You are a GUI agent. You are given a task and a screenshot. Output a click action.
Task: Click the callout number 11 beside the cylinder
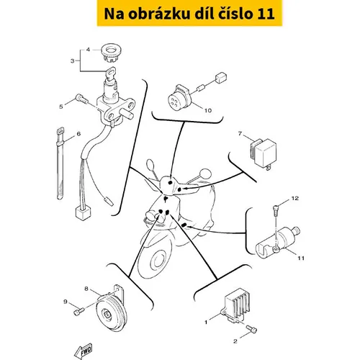[301, 258]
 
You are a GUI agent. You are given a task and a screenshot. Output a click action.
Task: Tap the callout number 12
[295, 198]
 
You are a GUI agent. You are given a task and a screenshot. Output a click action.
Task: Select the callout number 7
[240, 133]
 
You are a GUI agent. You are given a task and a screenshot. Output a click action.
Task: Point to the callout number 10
[208, 110]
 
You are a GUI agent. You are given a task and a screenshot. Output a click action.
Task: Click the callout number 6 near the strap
[78, 134]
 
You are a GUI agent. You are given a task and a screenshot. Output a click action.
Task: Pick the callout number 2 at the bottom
[235, 341]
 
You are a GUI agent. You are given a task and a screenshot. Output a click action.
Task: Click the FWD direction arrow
[84, 351]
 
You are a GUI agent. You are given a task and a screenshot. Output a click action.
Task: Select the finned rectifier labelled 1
[235, 305]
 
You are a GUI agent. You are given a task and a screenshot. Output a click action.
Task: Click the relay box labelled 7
[264, 153]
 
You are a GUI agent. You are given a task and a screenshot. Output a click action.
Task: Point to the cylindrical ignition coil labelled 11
[277, 243]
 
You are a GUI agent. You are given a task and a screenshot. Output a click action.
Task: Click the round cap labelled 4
[110, 53]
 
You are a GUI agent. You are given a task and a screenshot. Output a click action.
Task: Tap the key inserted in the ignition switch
[110, 74]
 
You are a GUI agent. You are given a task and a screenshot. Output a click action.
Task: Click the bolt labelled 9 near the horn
[78, 312]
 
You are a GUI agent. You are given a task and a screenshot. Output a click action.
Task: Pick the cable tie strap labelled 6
[60, 163]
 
